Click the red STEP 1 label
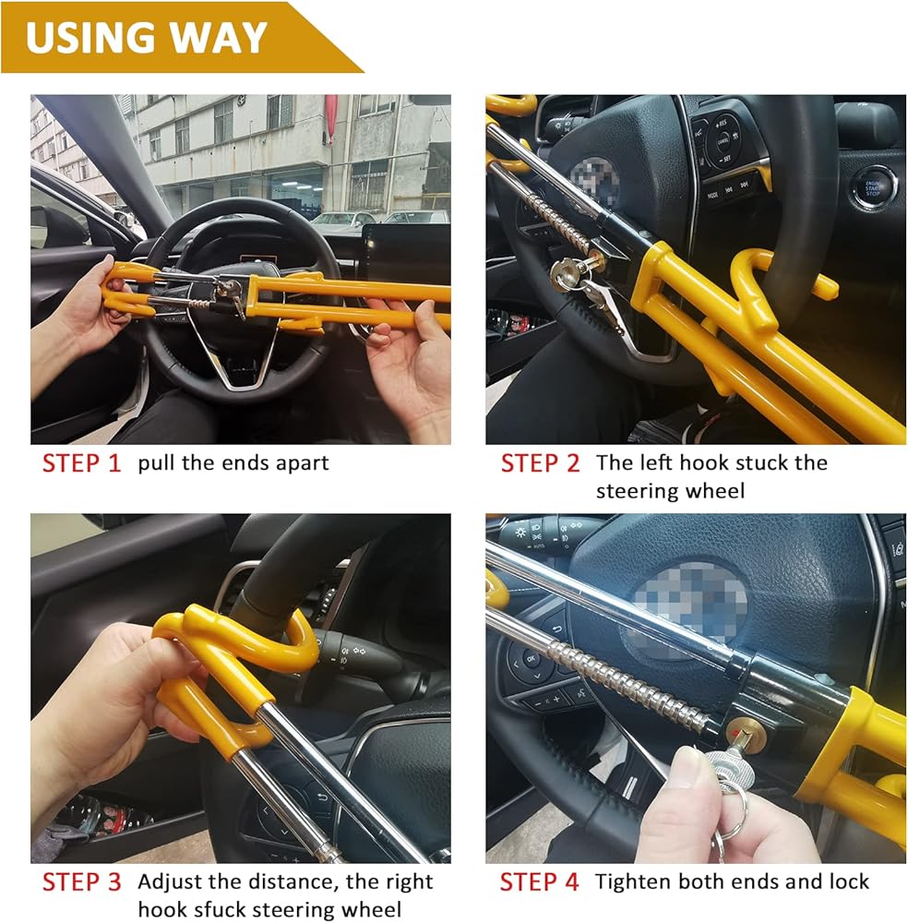pyautogui.click(x=81, y=463)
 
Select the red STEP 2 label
pyautogui.click(x=540, y=463)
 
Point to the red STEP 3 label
pyautogui.click(x=81, y=881)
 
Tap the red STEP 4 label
pyautogui.click(x=539, y=881)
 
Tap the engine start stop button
pyautogui.click(x=873, y=188)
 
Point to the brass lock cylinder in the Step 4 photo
pyautogui.click(x=745, y=732)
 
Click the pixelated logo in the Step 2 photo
pyautogui.click(x=594, y=181)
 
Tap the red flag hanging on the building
pyautogui.click(x=330, y=117)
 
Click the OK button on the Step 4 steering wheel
pyautogui.click(x=531, y=659)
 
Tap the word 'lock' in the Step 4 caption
pyautogui.click(x=849, y=881)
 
